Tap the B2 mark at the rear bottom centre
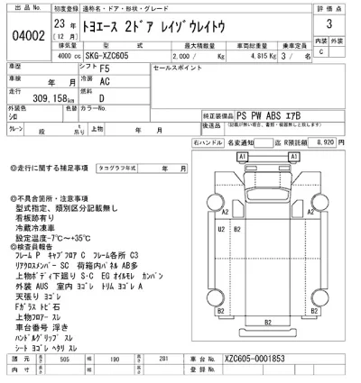267,346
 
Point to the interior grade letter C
322,52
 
